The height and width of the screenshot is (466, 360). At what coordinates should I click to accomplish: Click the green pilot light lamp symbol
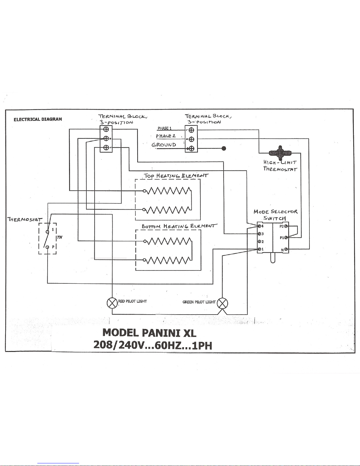222,303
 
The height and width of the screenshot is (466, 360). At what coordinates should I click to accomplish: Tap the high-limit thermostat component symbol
280,152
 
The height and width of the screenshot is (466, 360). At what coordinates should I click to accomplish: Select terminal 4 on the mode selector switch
259,226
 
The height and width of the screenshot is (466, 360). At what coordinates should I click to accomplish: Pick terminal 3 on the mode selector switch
259,234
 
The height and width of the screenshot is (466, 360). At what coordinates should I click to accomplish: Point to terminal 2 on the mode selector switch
259,242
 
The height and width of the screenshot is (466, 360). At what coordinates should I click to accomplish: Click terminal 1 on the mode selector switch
259,249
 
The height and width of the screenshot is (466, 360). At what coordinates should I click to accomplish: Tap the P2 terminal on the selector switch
286,226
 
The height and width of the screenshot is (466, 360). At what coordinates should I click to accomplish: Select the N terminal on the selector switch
286,250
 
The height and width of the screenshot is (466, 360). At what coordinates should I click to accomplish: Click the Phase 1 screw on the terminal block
191,130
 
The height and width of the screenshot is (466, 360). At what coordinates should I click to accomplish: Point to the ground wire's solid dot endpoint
224,148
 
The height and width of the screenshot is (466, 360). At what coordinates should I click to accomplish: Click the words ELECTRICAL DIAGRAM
38,119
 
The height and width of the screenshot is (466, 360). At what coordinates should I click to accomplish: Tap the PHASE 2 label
166,136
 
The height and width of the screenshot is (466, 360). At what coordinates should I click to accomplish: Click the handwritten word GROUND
164,145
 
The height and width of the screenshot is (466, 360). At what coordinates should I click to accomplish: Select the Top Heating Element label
176,176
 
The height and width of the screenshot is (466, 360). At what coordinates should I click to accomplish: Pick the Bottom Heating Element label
179,226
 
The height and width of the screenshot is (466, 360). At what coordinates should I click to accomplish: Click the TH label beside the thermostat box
59,237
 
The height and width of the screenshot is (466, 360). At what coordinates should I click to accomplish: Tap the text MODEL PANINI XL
149,333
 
